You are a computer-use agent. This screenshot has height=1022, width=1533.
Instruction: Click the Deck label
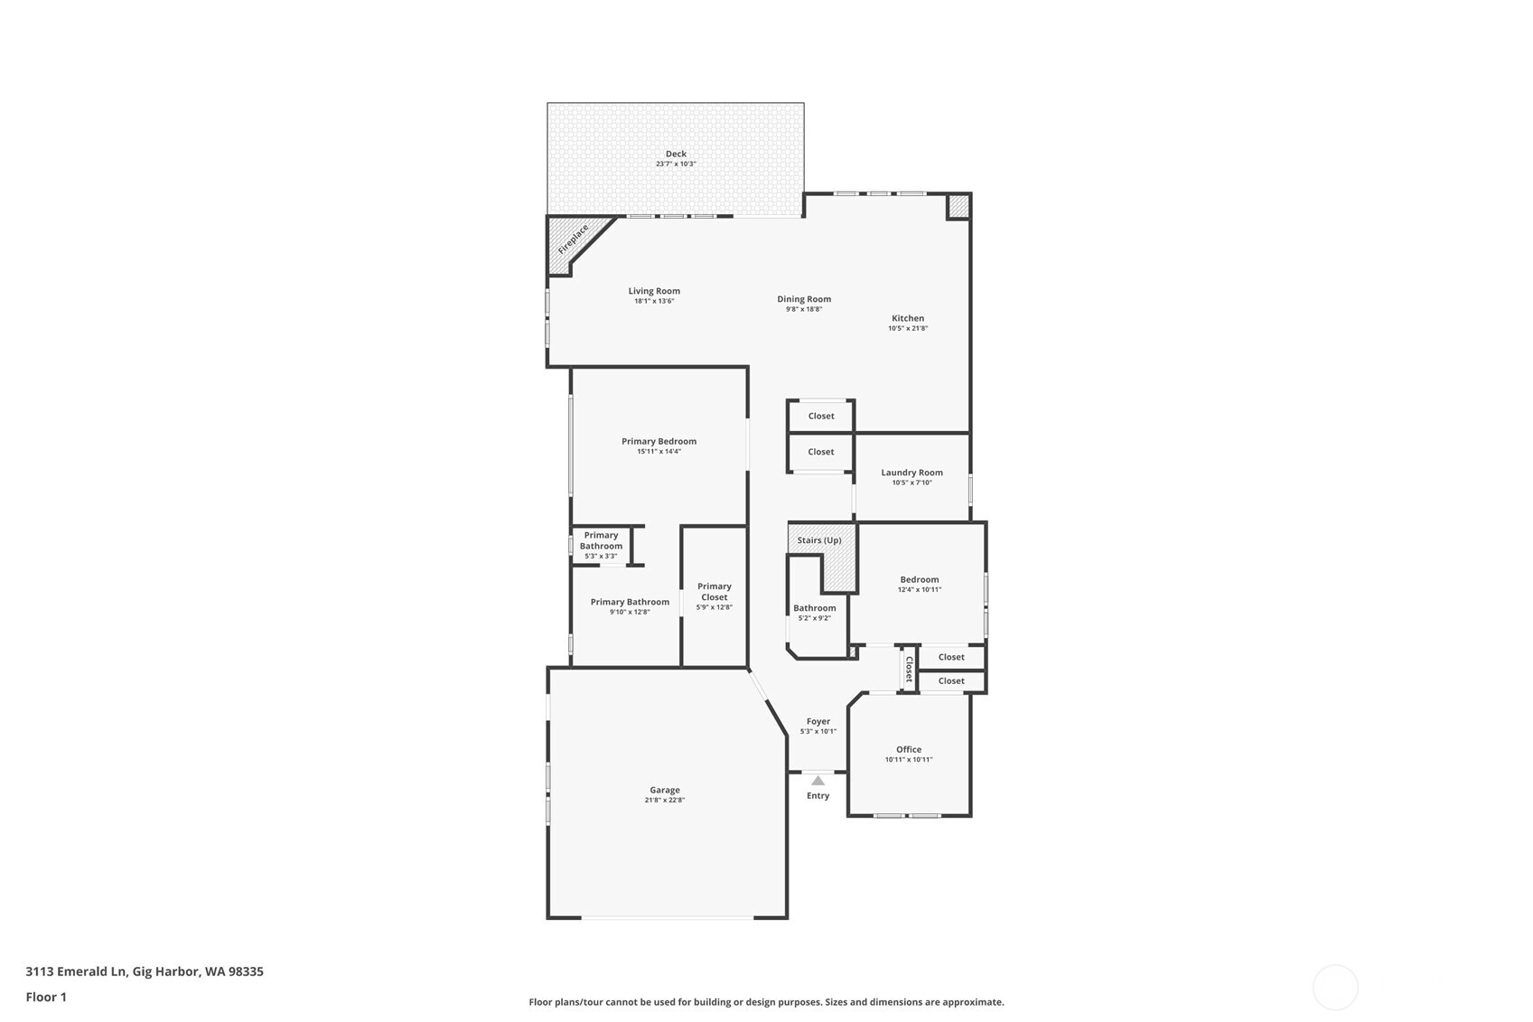[676, 154]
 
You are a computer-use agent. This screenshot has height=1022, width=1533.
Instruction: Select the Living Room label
[654, 291]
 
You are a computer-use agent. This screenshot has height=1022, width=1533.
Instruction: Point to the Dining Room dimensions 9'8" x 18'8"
[804, 309]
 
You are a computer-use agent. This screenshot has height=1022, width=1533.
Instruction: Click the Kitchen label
[908, 318]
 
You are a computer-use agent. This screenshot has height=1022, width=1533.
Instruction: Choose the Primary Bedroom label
[659, 441]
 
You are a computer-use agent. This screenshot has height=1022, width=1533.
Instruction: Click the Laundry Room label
[911, 473]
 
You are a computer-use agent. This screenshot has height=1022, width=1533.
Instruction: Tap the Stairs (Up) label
[819, 540]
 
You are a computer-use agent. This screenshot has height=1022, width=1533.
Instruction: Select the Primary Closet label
[714, 592]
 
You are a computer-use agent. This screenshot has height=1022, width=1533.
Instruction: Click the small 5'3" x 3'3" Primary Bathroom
[601, 545]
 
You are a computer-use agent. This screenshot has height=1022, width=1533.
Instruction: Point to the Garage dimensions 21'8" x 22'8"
[665, 800]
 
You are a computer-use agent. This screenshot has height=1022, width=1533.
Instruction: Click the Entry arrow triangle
[818, 781]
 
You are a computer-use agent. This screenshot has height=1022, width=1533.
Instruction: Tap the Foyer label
[818, 721]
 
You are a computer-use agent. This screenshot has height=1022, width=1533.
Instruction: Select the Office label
[909, 749]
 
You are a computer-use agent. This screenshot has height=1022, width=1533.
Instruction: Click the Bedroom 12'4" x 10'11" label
[919, 579]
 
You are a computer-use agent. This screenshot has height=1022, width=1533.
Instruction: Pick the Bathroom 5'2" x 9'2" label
[815, 608]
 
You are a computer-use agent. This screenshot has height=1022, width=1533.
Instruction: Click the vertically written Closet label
[909, 669]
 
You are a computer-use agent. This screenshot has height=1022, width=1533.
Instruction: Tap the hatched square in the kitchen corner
[958, 207]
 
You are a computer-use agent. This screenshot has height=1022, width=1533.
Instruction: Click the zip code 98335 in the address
[246, 971]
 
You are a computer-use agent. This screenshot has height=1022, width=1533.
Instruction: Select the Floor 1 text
[46, 997]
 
